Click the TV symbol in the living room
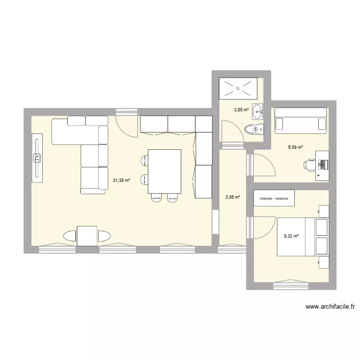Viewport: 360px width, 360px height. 37,157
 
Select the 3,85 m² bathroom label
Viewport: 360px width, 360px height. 241,110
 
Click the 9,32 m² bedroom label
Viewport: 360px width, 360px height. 291,236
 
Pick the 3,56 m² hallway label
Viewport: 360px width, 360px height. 232,196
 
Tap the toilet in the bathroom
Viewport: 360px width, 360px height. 253,129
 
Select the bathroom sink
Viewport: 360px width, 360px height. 258,111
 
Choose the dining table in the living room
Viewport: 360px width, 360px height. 165,171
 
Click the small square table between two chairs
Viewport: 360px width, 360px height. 87,236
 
